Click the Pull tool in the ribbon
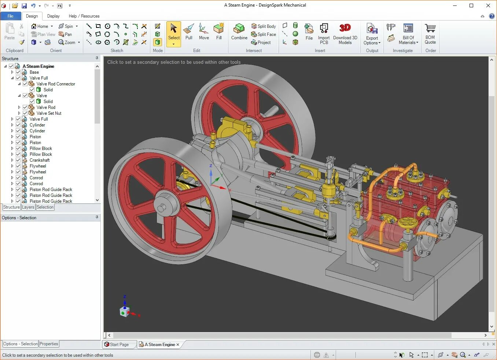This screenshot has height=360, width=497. pyautogui.click(x=189, y=32)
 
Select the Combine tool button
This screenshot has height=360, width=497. pyautogui.click(x=239, y=32)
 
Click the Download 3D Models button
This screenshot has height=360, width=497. pyautogui.click(x=345, y=34)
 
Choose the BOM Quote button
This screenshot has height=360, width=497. pyautogui.click(x=430, y=34)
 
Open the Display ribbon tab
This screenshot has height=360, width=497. pyautogui.click(x=53, y=16)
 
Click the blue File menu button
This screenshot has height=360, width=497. pyautogui.click(x=11, y=16)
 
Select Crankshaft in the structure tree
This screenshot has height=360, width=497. pyautogui.click(x=40, y=160)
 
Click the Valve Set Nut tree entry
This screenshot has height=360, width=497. pyautogui.click(x=49, y=113)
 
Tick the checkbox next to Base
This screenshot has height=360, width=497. pyautogui.click(x=18, y=72)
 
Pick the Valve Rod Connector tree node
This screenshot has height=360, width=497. pyautogui.click(x=56, y=84)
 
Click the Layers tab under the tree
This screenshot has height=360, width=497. pyautogui.click(x=28, y=207)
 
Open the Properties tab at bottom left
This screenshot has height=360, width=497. pyautogui.click(x=49, y=344)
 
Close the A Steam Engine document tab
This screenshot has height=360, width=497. pyautogui.click(x=178, y=345)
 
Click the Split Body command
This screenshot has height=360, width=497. pyautogui.click(x=264, y=26)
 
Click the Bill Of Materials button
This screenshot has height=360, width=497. pyautogui.click(x=408, y=34)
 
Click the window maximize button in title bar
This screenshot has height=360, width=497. pyautogui.click(x=471, y=5)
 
